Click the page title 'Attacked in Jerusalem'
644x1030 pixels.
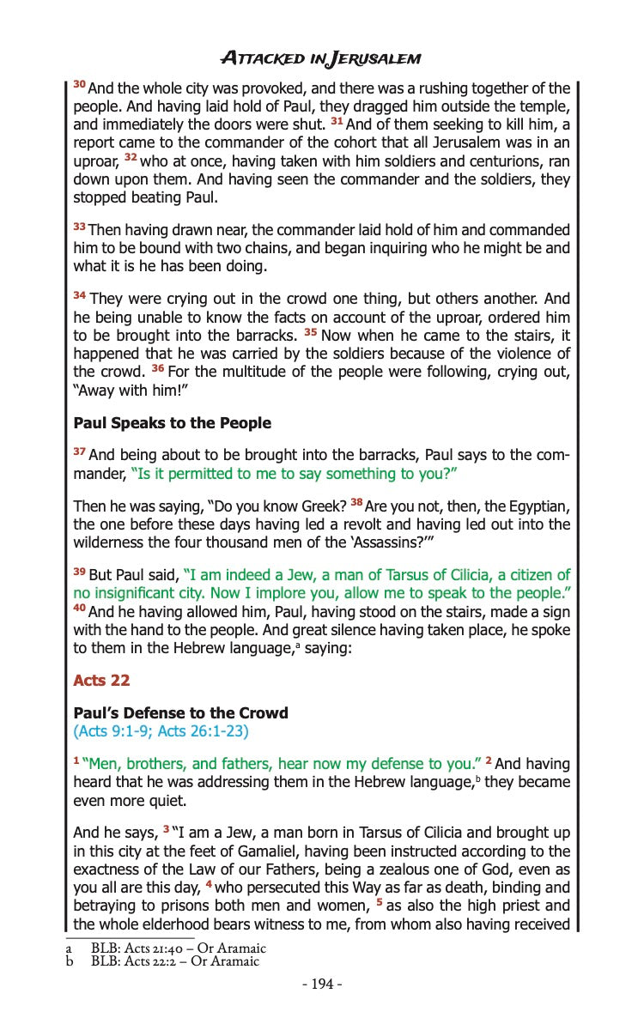321,58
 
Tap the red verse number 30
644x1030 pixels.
79,85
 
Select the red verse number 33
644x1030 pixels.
79,227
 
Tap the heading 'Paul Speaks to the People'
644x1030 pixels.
172,423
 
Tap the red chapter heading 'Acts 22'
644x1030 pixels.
101,680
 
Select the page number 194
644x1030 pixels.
322,984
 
